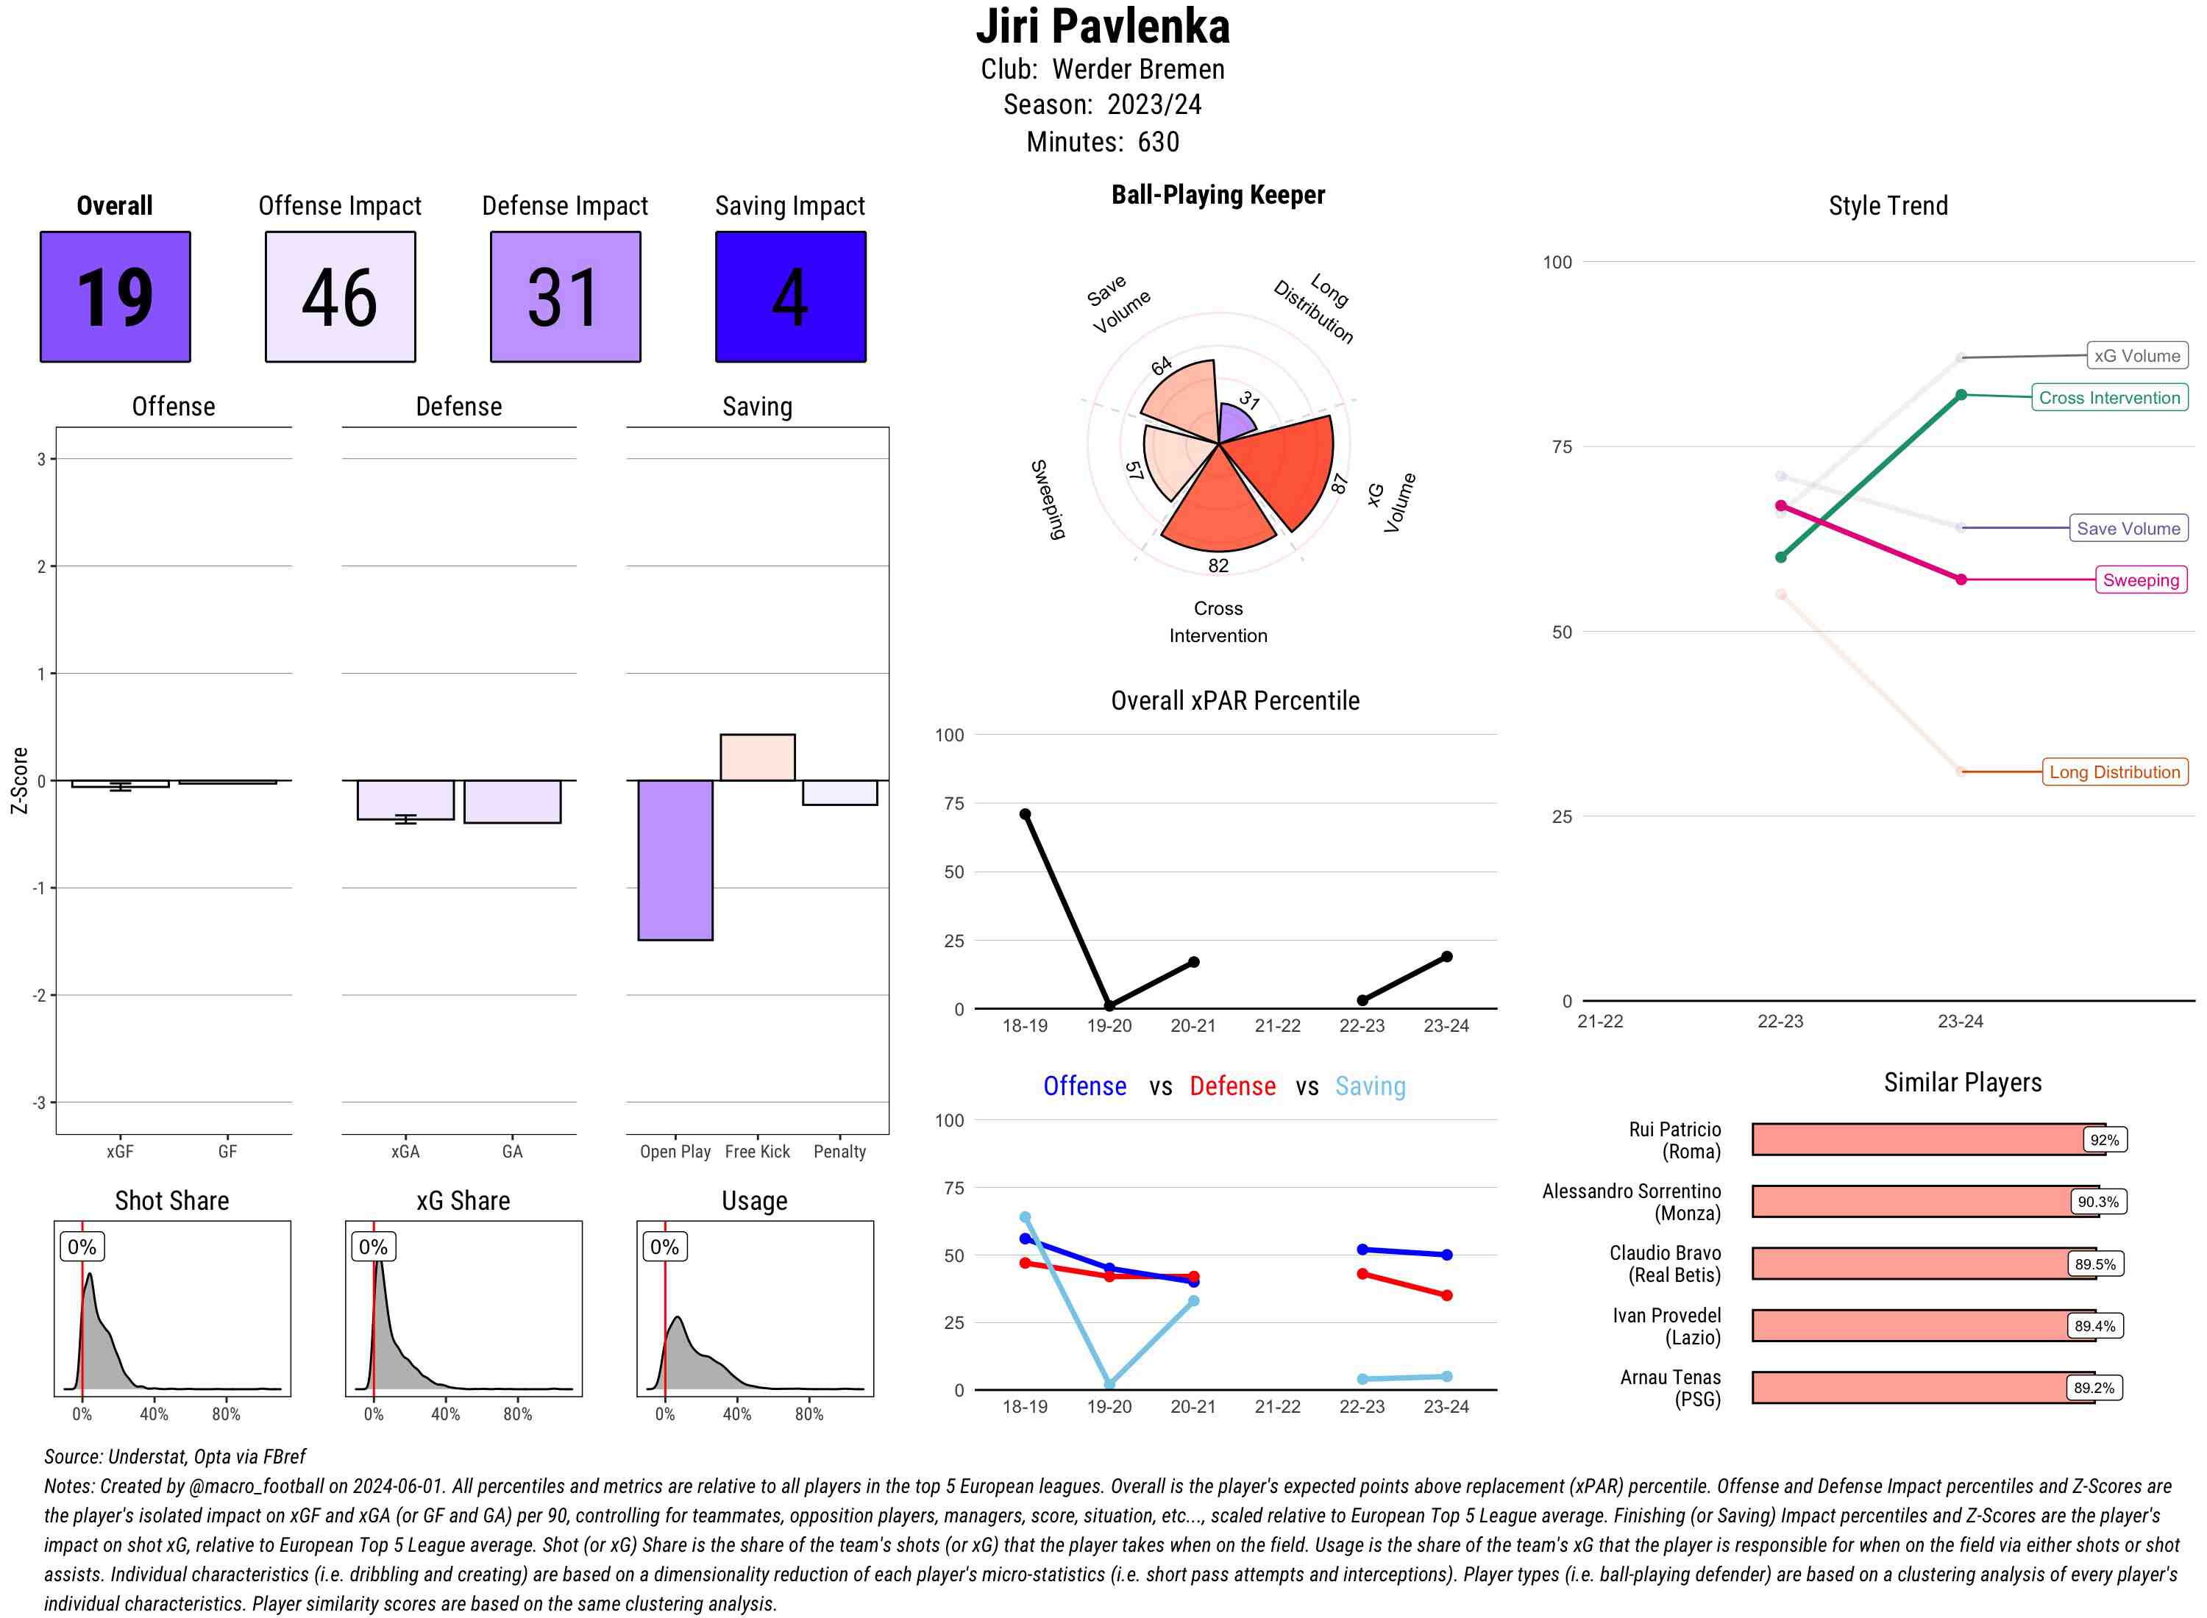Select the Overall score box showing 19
[115, 297]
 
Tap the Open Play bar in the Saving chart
[675, 859]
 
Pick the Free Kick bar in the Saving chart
[757, 757]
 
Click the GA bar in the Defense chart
[512, 801]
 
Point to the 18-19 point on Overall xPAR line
[1025, 814]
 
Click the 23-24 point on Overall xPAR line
[1446, 956]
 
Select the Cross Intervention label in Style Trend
[2109, 398]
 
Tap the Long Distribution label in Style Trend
[2114, 771]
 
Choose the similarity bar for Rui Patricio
[1920, 1139]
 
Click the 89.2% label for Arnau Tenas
[2094, 1388]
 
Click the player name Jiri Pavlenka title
[1102, 26]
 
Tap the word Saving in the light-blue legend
[1370, 1086]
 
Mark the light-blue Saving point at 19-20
[1109, 1384]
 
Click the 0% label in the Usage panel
[664, 1247]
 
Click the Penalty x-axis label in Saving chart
[839, 1152]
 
